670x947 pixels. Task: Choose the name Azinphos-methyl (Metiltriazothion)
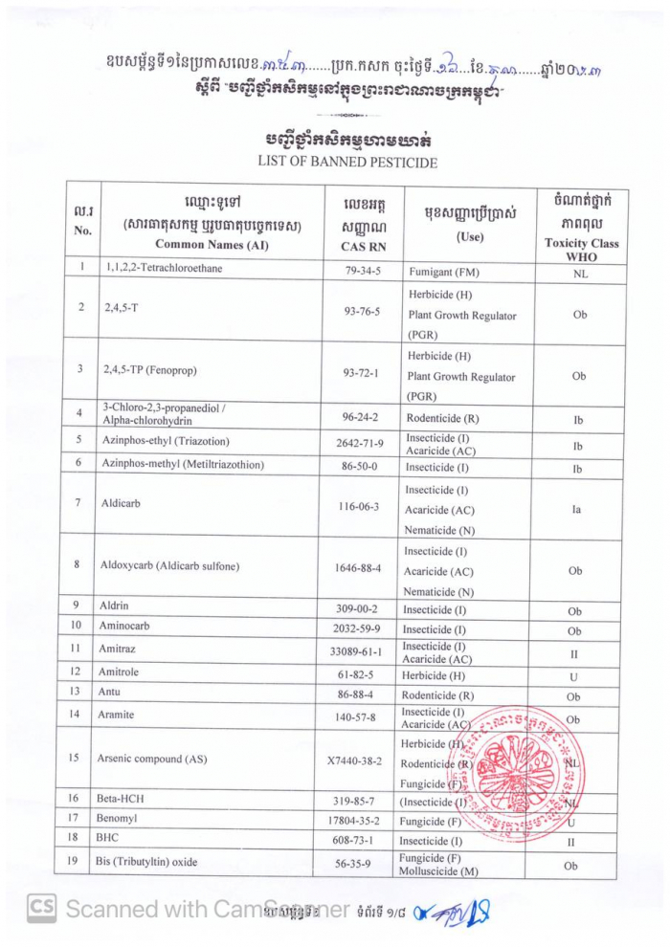coord(181,465)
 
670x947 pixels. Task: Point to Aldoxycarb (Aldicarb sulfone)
coord(169,565)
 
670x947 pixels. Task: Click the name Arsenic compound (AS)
coord(152,760)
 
